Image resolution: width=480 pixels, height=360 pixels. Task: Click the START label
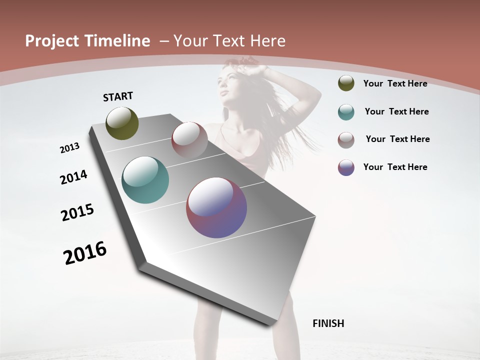tap(118, 96)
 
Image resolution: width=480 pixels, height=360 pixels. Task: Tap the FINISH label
tap(328, 323)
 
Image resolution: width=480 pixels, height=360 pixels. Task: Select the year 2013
tap(70, 148)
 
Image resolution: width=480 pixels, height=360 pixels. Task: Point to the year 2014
tap(73, 177)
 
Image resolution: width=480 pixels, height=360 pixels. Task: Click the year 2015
tap(77, 212)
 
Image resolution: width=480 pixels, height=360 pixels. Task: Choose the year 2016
tap(85, 253)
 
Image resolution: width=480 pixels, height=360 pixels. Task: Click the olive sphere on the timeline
tap(122, 123)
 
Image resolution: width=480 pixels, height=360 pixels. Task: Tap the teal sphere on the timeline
tap(145, 180)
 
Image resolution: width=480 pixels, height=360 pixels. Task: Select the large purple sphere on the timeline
tap(216, 207)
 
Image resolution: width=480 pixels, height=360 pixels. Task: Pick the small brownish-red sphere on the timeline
tap(189, 140)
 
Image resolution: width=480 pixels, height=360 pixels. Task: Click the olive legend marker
tap(346, 83)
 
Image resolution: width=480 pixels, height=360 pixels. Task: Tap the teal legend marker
tap(346, 112)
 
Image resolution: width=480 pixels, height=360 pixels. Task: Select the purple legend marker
tap(346, 167)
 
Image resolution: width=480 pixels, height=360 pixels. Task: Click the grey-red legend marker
tap(346, 140)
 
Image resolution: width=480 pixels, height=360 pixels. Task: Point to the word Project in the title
tap(52, 41)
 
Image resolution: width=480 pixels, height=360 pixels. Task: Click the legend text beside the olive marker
tap(395, 83)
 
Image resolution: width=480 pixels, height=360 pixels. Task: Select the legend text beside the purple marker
tap(395, 167)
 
